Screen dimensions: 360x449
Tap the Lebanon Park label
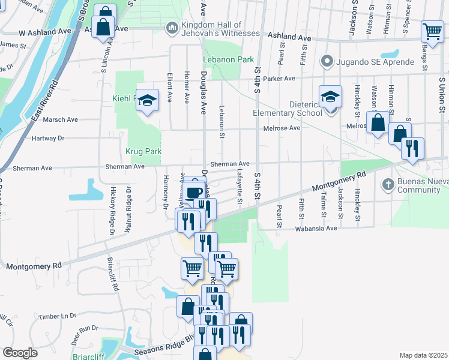click(x=229, y=59)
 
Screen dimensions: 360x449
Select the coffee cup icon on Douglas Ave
click(x=194, y=191)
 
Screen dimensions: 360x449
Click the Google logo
click(x=20, y=353)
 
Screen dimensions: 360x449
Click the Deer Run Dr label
click(x=84, y=329)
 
